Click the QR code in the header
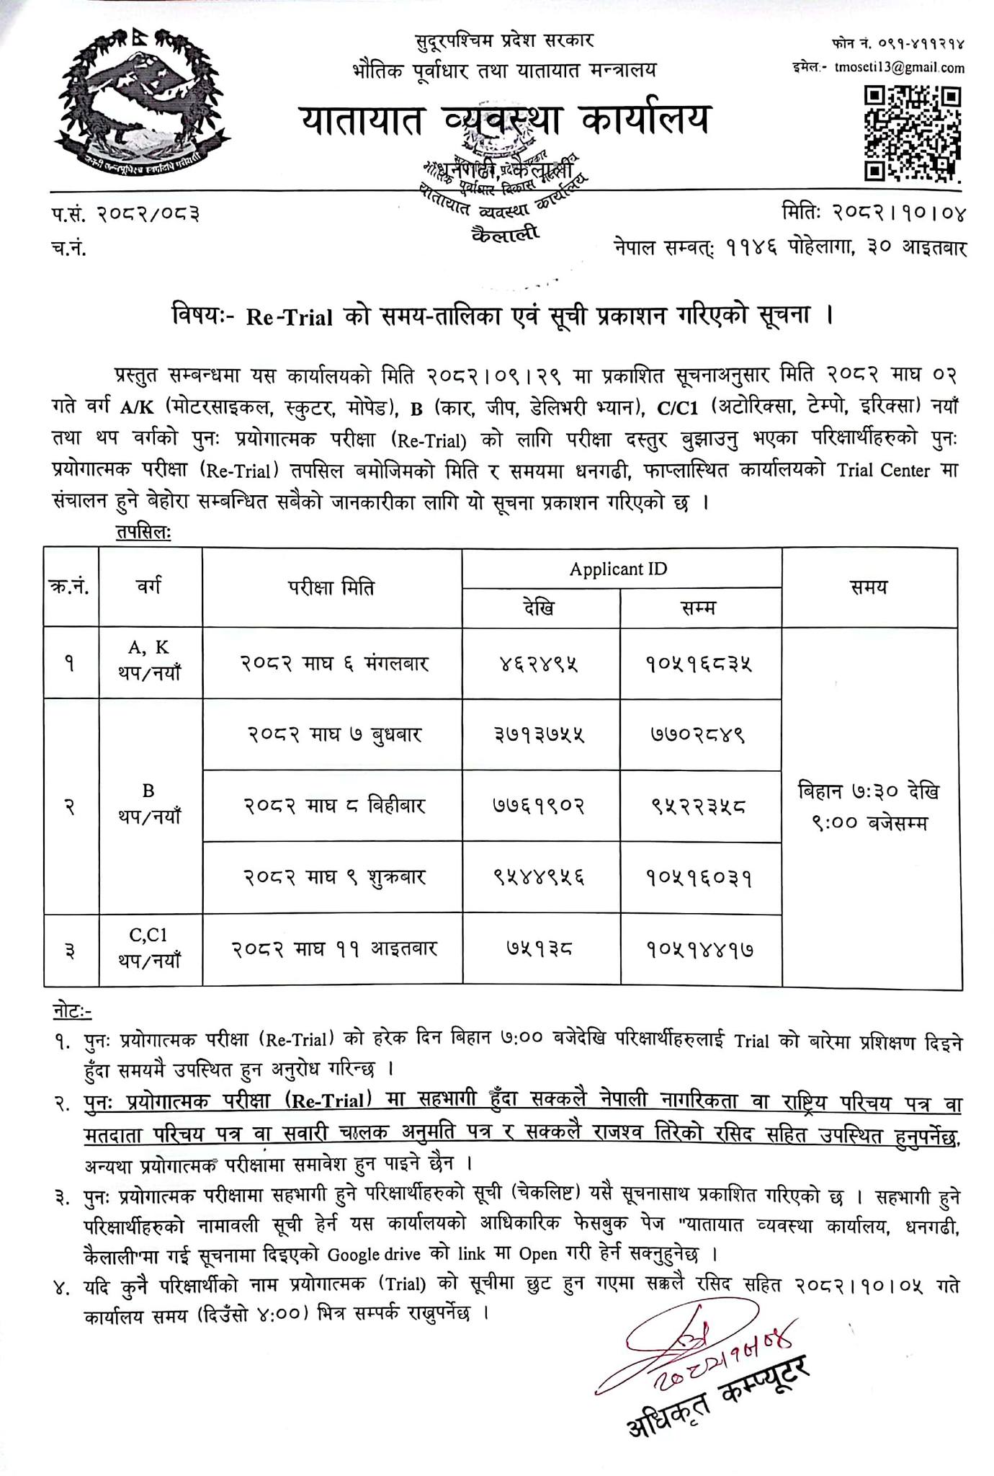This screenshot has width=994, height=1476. point(913,133)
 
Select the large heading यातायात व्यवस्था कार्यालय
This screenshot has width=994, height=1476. point(504,119)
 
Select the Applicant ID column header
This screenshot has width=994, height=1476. point(618,569)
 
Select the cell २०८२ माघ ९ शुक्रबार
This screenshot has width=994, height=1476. point(332,878)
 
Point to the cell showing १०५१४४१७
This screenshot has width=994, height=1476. point(699,950)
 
